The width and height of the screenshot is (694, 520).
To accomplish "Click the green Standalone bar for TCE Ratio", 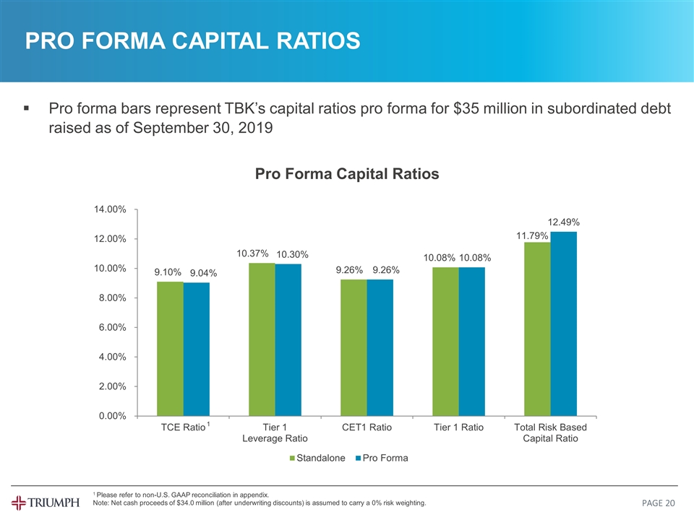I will point(170,348).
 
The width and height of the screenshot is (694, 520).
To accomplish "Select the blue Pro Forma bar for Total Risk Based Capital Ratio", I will point(564,324).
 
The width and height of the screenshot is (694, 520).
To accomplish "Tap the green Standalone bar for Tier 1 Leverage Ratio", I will point(262,339).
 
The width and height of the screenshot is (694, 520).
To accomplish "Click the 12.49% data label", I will point(564,221).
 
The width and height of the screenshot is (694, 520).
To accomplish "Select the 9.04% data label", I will point(203,273).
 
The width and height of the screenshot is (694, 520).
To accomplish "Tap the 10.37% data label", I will point(253,253).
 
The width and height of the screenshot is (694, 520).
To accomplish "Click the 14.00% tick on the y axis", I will point(111,209).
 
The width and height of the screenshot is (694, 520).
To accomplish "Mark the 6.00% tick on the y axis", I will point(112,327).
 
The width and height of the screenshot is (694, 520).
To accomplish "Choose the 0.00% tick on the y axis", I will point(112,416).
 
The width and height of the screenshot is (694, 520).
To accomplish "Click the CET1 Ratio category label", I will point(367,428).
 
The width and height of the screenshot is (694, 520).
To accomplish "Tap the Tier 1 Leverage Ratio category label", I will point(275,433).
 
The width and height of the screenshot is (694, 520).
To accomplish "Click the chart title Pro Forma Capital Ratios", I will point(346,174).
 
